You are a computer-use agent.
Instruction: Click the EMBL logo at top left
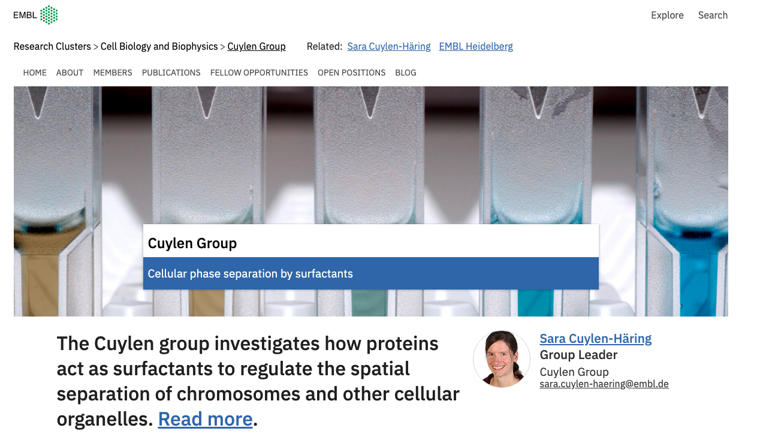click(x=35, y=15)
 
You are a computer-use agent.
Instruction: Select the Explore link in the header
click(x=667, y=15)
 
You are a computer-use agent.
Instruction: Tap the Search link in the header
click(x=713, y=15)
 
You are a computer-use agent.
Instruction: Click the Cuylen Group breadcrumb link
click(x=257, y=47)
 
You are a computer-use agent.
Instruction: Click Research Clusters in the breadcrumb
click(x=52, y=46)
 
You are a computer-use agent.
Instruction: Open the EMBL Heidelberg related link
click(x=476, y=46)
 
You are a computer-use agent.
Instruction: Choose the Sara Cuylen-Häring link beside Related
click(x=389, y=46)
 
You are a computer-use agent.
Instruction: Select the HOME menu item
click(x=35, y=73)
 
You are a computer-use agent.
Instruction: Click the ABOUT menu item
click(x=70, y=73)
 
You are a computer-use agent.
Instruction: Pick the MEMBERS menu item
click(x=113, y=73)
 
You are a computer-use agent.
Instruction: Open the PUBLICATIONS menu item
click(x=171, y=73)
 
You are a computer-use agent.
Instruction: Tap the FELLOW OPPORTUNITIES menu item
click(x=259, y=73)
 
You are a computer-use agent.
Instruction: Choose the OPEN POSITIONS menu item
click(x=351, y=73)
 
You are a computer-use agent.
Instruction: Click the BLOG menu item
click(x=405, y=73)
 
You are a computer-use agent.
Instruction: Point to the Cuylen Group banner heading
click(x=192, y=243)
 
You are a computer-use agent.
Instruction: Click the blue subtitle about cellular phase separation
click(x=251, y=273)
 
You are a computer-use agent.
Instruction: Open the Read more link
click(x=205, y=419)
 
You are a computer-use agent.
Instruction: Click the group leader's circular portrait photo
click(x=502, y=359)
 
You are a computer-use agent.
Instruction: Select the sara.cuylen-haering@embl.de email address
click(x=604, y=384)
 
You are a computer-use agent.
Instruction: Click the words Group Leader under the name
click(x=578, y=355)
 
